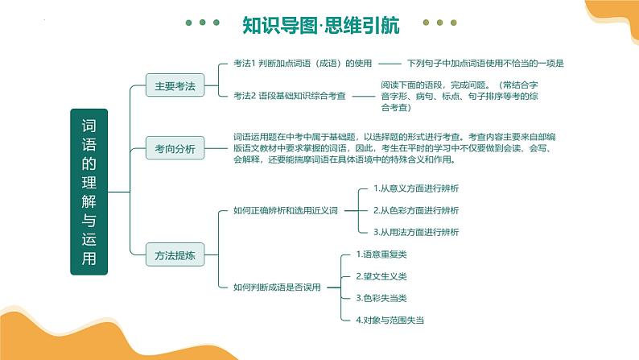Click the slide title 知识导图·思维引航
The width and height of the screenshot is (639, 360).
coord(319,26)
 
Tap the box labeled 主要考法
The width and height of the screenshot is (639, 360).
coord(175,83)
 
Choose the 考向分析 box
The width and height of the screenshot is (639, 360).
coord(175,147)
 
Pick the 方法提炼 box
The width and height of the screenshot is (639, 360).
coord(175,256)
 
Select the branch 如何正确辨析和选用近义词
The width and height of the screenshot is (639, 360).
coord(284,210)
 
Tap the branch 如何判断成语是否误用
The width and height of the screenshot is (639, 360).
coord(277,287)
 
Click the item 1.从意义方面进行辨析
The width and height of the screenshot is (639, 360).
coord(416,188)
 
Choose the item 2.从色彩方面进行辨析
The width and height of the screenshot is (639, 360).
coord(416,210)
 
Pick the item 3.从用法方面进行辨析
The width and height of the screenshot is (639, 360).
coord(416,232)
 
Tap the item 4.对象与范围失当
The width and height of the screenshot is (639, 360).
coord(390,320)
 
